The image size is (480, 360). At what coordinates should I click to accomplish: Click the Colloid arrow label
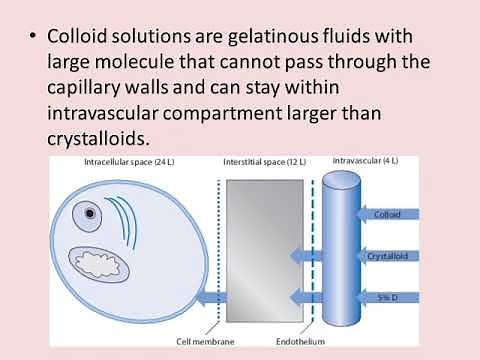point(384,214)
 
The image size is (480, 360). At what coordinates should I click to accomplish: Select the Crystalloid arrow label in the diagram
point(391,255)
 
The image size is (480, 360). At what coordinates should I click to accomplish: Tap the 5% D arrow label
point(383,296)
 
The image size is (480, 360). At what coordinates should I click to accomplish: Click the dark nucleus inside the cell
point(91,213)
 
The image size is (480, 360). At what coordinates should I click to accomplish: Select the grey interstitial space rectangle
point(251,250)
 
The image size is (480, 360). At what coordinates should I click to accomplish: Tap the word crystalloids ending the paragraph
point(105,135)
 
